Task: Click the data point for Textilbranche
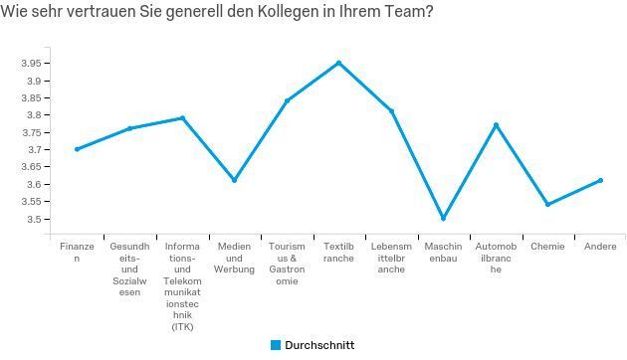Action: (338, 63)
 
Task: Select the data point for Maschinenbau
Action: (443, 218)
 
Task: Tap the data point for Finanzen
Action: (77, 149)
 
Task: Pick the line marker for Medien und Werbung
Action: (234, 180)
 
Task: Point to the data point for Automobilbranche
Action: (496, 125)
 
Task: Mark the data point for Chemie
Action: (547, 205)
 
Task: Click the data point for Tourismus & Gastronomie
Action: (287, 100)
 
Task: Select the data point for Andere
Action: (600, 180)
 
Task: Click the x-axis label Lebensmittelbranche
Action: (391, 258)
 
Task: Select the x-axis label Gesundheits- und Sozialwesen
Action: (129, 270)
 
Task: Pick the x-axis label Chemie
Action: (547, 246)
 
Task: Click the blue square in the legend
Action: (276, 345)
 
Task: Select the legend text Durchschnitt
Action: (319, 345)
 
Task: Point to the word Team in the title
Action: (401, 14)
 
